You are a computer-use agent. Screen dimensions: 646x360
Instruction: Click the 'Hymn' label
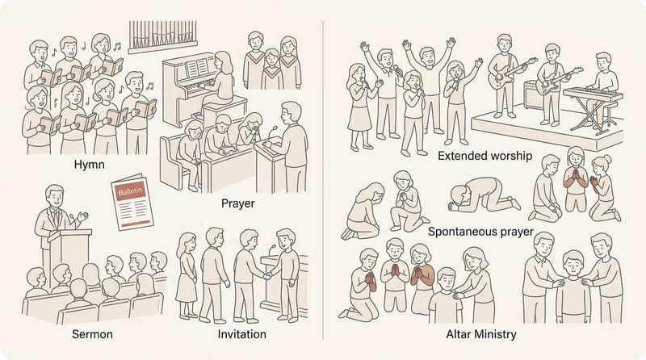[x=89, y=165]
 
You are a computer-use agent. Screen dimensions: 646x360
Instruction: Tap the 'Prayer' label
[x=237, y=203]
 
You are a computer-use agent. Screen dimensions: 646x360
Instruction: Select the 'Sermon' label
[x=92, y=334]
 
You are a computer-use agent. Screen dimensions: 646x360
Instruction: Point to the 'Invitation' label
[x=241, y=334]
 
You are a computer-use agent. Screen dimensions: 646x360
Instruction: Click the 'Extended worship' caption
[x=485, y=156]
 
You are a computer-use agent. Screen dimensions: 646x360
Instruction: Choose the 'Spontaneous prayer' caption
[x=480, y=232]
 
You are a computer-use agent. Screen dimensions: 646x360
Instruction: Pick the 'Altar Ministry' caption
[x=481, y=334]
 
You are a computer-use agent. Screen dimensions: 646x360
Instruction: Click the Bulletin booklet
[x=132, y=202]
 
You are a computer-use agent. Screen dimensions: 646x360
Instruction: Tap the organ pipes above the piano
[x=162, y=36]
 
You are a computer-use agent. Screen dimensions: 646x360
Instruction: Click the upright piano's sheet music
[x=197, y=68]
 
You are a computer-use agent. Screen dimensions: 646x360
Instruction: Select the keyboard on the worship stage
[x=593, y=94]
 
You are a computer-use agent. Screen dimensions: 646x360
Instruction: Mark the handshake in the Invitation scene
[x=267, y=275]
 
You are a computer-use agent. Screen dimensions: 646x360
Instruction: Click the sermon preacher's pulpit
[x=69, y=255]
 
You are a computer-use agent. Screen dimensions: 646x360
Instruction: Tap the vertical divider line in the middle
[x=323, y=180]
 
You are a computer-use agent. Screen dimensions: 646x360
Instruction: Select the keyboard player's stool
[x=610, y=114]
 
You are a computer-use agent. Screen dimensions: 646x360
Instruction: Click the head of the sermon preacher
[x=55, y=195]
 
